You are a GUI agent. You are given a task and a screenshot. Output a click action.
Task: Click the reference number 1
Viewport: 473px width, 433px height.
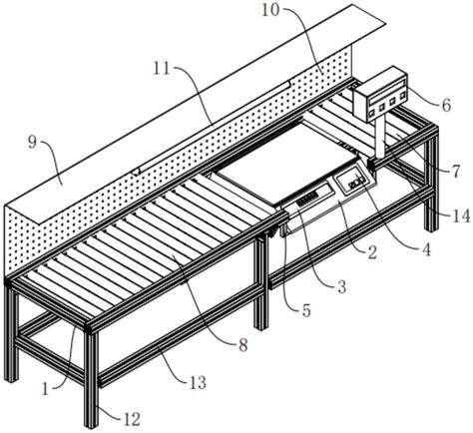point(45,389)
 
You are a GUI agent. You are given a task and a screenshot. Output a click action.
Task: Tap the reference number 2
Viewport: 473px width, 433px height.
point(371,252)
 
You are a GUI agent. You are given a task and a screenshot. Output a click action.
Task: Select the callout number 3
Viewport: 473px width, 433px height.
point(341,286)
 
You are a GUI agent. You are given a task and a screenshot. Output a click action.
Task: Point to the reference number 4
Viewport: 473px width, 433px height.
point(426,249)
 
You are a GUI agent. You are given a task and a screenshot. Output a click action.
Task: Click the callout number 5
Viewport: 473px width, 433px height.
point(305,310)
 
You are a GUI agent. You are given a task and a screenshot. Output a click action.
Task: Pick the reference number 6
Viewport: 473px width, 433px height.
point(446,105)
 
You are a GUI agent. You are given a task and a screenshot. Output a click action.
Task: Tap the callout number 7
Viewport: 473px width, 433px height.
point(455,172)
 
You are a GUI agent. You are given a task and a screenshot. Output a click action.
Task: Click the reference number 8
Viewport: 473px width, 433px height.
point(243,345)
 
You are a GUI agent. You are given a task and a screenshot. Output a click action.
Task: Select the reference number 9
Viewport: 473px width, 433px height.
point(32,143)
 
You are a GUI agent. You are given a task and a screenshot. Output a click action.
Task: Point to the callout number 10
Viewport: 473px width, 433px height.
point(270,10)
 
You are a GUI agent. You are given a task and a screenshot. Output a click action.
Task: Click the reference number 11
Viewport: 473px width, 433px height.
point(162,69)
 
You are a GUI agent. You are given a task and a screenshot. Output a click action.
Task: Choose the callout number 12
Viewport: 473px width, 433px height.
point(132,420)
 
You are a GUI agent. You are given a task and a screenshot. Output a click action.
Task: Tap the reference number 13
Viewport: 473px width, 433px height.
point(198,383)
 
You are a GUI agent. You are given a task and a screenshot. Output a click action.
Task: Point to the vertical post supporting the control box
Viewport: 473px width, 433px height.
point(380,138)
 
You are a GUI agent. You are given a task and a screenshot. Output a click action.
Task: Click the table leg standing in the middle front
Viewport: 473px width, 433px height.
point(261,281)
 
